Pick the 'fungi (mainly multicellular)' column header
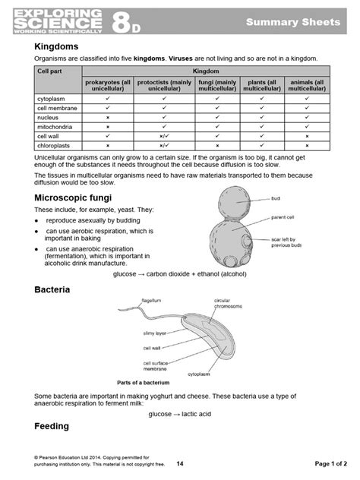[216, 85]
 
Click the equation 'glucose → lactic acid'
[180, 414]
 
